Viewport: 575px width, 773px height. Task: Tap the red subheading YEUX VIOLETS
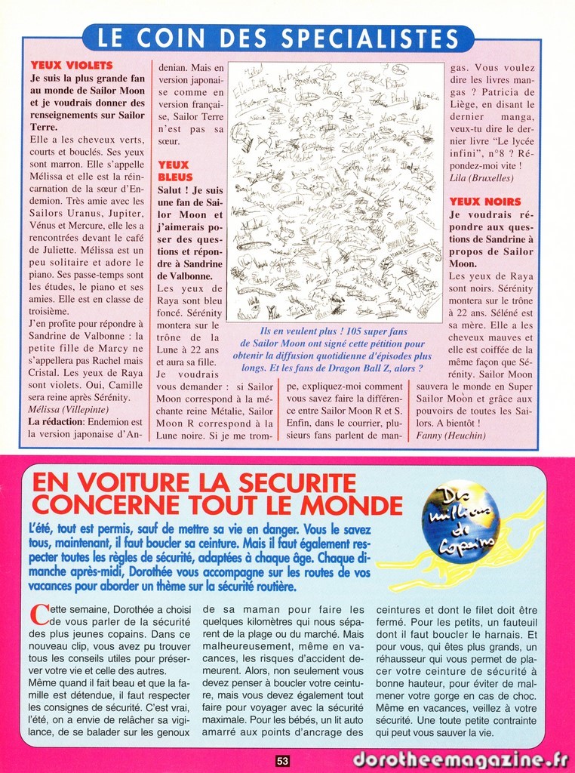pyautogui.click(x=71, y=66)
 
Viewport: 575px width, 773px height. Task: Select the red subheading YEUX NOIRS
pyautogui.click(x=485, y=202)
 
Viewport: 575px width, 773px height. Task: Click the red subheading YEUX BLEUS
pyautogui.click(x=174, y=171)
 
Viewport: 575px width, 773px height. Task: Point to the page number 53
pyautogui.click(x=282, y=761)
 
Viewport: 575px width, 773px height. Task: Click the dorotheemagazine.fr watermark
pyautogui.click(x=461, y=759)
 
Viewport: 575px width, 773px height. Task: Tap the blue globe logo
pyautogui.click(x=460, y=522)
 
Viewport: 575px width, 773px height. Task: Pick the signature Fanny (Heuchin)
pyautogui.click(x=451, y=436)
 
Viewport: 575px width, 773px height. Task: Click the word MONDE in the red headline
pyautogui.click(x=351, y=505)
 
